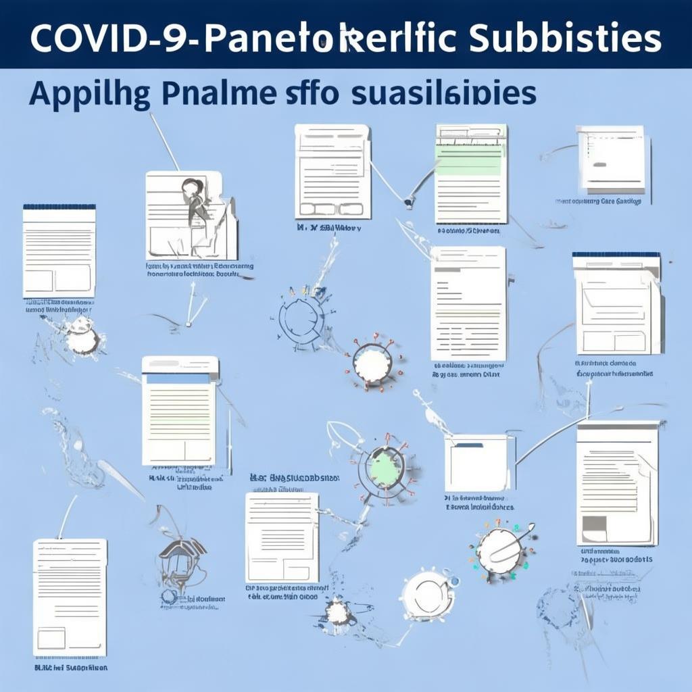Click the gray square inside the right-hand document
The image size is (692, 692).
coord(594,524)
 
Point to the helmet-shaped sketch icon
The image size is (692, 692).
coord(182,558)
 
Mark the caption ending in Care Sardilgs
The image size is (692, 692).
coord(598,201)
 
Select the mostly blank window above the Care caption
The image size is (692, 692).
coord(611,158)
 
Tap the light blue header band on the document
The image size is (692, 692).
coord(179,378)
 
